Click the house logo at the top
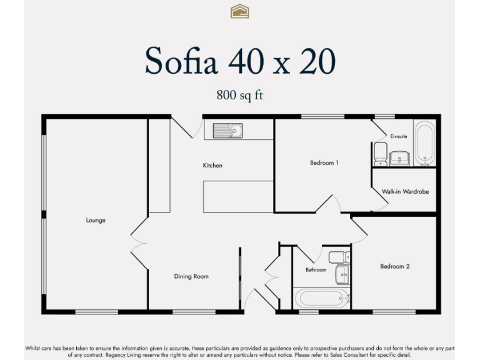point(239,11)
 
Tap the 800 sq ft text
point(239,96)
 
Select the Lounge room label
point(96,220)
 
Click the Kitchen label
point(212,166)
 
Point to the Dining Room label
point(191,276)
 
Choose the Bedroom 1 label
point(324,163)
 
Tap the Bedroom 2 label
point(395,266)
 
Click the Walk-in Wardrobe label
point(406,192)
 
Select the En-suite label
point(398,136)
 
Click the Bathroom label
point(316,270)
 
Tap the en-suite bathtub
point(424,144)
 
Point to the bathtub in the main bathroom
point(319,296)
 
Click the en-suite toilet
point(380,153)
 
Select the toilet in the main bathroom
point(338,257)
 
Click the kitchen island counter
point(238,197)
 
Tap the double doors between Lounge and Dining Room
point(138,241)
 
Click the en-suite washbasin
point(398,157)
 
